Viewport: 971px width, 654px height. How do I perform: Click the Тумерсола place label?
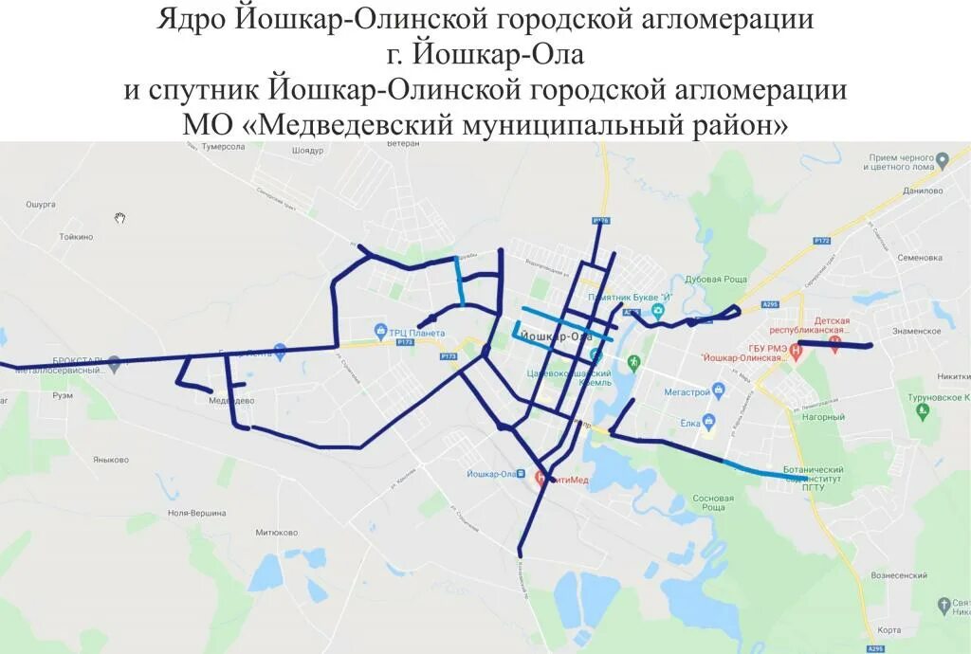223,148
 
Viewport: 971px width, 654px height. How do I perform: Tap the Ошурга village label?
42,205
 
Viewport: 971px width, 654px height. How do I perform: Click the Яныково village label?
110,460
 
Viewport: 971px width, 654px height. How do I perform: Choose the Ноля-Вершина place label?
197,513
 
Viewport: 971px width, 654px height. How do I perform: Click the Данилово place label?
924,191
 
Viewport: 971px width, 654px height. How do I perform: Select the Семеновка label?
920,258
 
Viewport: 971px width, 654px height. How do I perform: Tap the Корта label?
889,628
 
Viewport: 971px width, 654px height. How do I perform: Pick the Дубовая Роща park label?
717,279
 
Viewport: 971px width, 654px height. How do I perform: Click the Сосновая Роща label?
713,502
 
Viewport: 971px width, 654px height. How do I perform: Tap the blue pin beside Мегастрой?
719,391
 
